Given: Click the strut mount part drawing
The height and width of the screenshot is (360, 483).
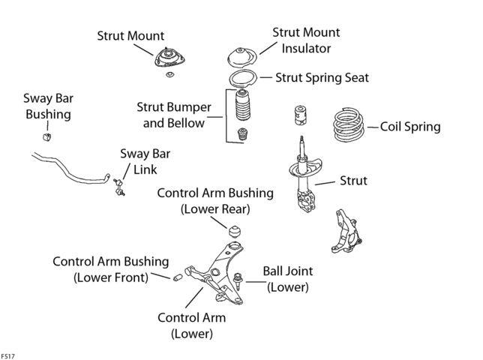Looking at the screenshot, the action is click(x=169, y=58).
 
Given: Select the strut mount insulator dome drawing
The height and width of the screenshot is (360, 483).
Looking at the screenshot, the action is click(x=242, y=58).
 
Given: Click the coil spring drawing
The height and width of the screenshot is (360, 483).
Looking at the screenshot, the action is click(x=349, y=124).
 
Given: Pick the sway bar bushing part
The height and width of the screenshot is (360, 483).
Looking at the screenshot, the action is click(x=46, y=136).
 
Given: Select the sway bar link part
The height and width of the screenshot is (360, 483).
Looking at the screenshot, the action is click(x=119, y=187).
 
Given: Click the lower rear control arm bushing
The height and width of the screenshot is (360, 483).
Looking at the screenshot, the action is click(x=235, y=232).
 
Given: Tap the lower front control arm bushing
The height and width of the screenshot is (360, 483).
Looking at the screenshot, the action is click(x=178, y=277).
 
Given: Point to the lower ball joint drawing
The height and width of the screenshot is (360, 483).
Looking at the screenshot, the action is click(x=238, y=280).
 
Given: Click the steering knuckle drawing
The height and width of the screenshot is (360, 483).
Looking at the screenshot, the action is click(x=346, y=231).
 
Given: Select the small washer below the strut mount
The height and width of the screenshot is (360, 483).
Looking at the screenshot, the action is click(x=169, y=74).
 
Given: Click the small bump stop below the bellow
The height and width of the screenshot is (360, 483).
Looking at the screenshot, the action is click(x=243, y=134).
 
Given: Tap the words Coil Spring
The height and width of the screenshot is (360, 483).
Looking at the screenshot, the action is click(x=410, y=127).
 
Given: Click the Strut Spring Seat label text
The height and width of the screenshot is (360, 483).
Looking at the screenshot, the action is click(x=322, y=77).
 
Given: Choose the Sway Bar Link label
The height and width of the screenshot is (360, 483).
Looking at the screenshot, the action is click(x=145, y=162).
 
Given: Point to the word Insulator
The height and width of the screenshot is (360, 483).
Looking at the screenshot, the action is click(x=306, y=48).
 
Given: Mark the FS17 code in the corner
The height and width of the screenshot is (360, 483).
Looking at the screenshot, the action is click(x=7, y=356).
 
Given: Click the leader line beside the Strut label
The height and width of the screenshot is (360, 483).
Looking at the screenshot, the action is click(x=325, y=183).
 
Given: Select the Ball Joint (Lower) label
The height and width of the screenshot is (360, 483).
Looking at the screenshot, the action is click(x=288, y=279).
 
